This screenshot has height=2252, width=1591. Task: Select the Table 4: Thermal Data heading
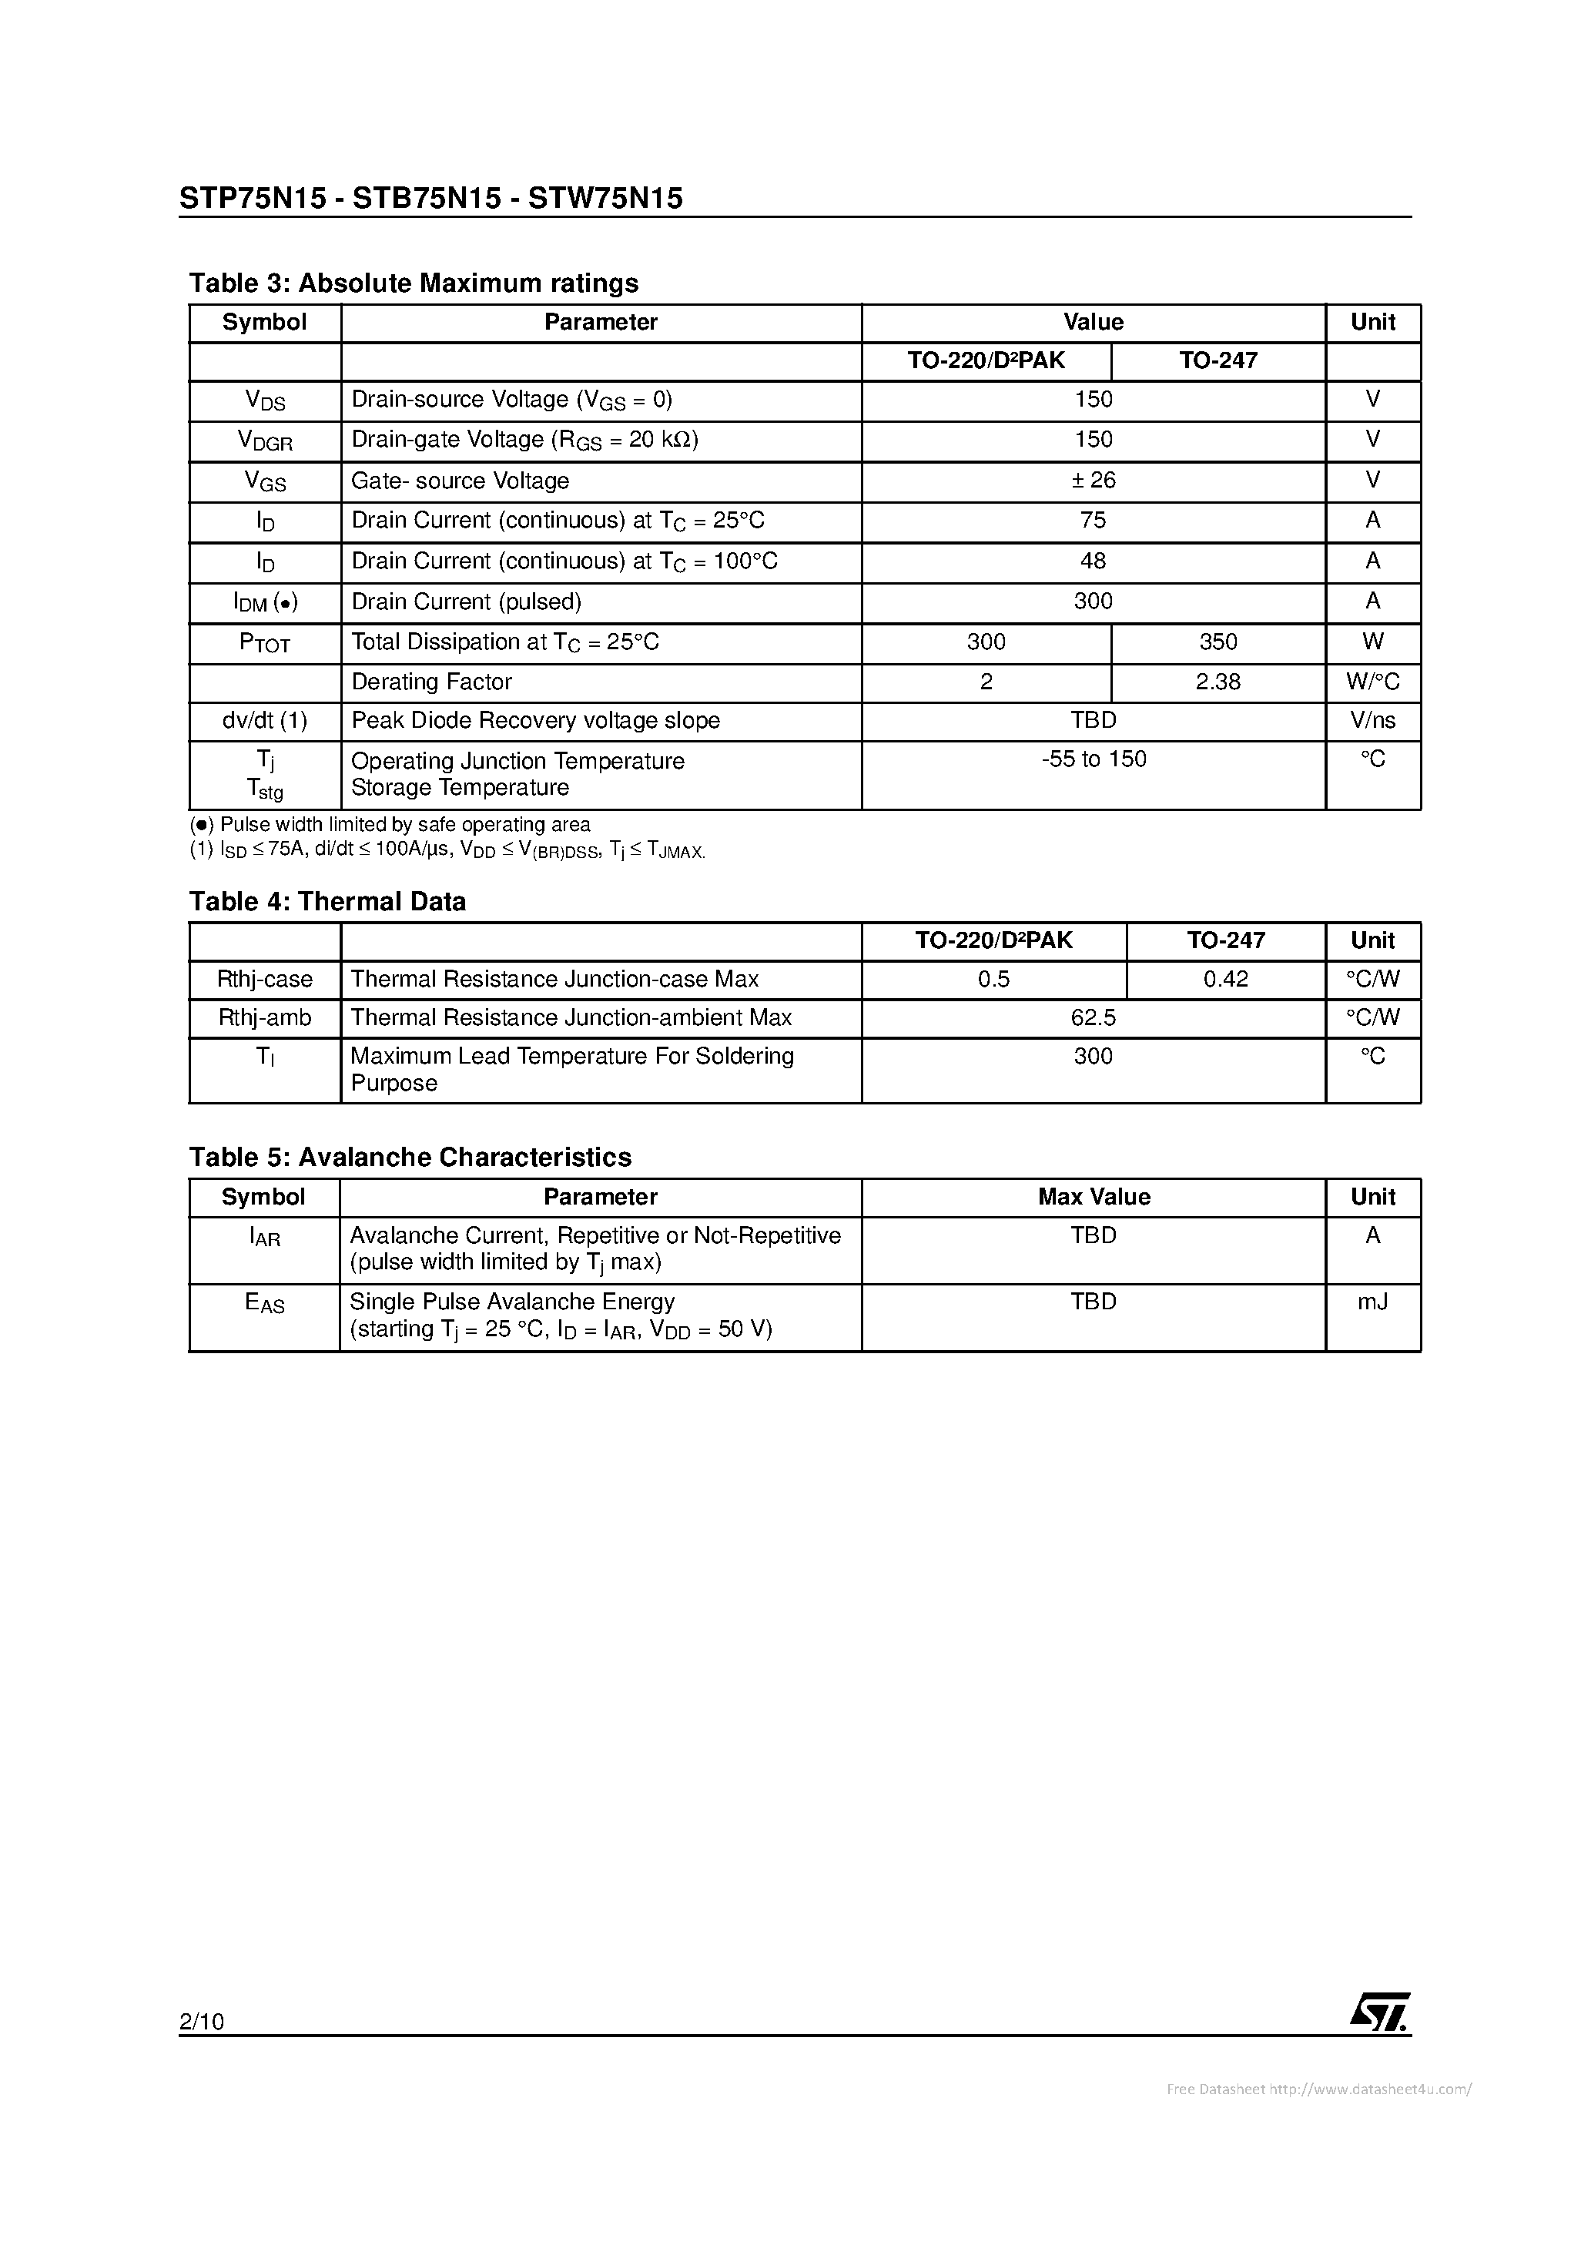click(327, 901)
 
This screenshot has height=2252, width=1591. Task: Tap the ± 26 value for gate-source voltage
click(1093, 480)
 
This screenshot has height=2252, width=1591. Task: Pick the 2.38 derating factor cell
click(1218, 682)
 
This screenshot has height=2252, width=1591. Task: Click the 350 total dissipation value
click(1218, 642)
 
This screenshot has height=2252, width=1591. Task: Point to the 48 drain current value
click(1093, 561)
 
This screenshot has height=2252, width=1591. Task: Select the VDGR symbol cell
click(265, 441)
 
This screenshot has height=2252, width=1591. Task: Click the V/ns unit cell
click(1372, 721)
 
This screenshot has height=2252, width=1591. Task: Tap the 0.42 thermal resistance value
click(1225, 979)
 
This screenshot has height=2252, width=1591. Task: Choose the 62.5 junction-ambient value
click(1093, 1018)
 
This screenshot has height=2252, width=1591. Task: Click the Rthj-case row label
click(265, 979)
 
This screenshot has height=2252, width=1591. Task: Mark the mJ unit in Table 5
click(1372, 1302)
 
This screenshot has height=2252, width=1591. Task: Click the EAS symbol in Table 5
click(265, 1304)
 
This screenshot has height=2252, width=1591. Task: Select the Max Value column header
click(1093, 1197)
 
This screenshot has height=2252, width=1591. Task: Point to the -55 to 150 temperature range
click(1093, 759)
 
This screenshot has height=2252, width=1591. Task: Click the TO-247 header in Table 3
click(1218, 361)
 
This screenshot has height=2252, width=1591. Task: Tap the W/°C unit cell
click(1372, 682)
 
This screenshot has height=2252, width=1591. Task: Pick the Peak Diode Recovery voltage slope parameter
click(534, 721)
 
